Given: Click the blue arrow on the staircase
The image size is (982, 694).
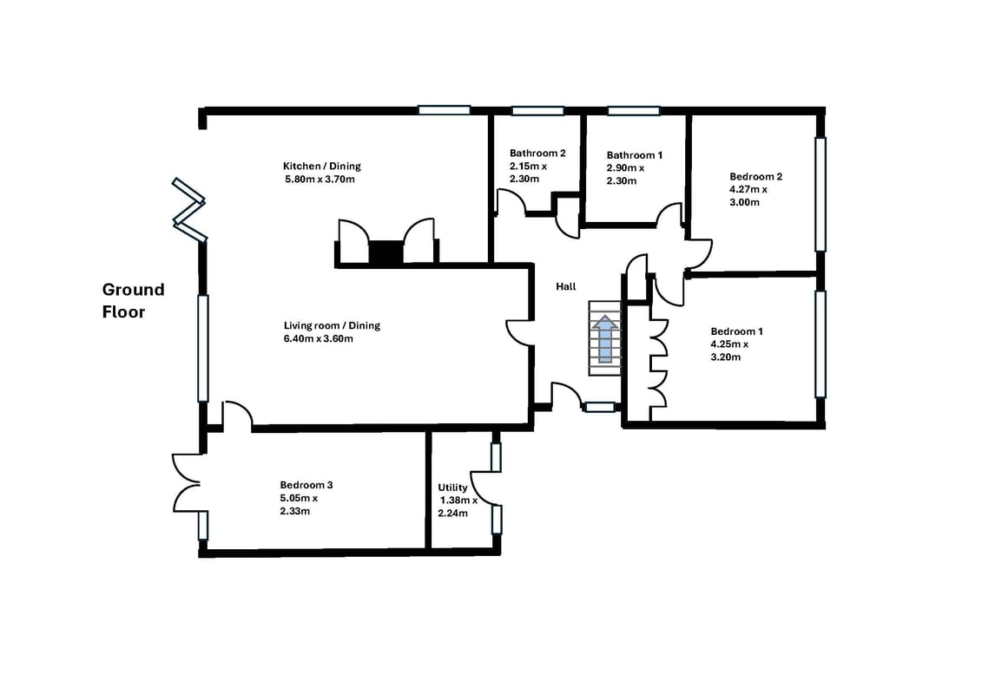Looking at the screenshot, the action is (x=605, y=339).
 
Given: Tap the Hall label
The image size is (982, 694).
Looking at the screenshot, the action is (x=565, y=286).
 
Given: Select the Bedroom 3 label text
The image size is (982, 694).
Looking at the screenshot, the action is (x=306, y=485).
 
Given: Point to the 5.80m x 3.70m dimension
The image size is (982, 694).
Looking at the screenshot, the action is (x=320, y=180).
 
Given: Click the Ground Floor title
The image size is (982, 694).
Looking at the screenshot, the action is (x=133, y=300).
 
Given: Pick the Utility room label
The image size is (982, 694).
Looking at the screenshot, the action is (x=452, y=488).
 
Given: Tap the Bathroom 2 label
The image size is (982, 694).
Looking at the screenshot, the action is (x=537, y=153).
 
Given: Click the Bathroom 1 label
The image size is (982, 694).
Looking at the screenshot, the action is (x=635, y=155).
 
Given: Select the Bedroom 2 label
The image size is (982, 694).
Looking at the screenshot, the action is (x=756, y=176).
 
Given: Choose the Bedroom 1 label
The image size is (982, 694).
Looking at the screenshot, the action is (x=736, y=331).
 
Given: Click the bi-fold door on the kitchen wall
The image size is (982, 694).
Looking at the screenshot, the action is (x=189, y=210).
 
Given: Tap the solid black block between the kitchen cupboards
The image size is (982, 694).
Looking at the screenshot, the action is (x=386, y=252).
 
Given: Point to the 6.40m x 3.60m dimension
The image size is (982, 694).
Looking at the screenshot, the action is (x=318, y=339).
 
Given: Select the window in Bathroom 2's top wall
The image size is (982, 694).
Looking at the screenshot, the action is (x=538, y=111).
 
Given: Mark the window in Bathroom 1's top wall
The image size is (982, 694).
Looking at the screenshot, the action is (x=634, y=111).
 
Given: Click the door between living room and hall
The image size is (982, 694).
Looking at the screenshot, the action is (x=520, y=331).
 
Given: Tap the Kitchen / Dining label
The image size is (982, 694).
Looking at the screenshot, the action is (x=322, y=166).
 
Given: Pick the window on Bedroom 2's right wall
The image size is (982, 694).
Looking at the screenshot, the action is (x=821, y=194).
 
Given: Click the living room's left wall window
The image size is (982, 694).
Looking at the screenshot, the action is (x=203, y=348).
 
